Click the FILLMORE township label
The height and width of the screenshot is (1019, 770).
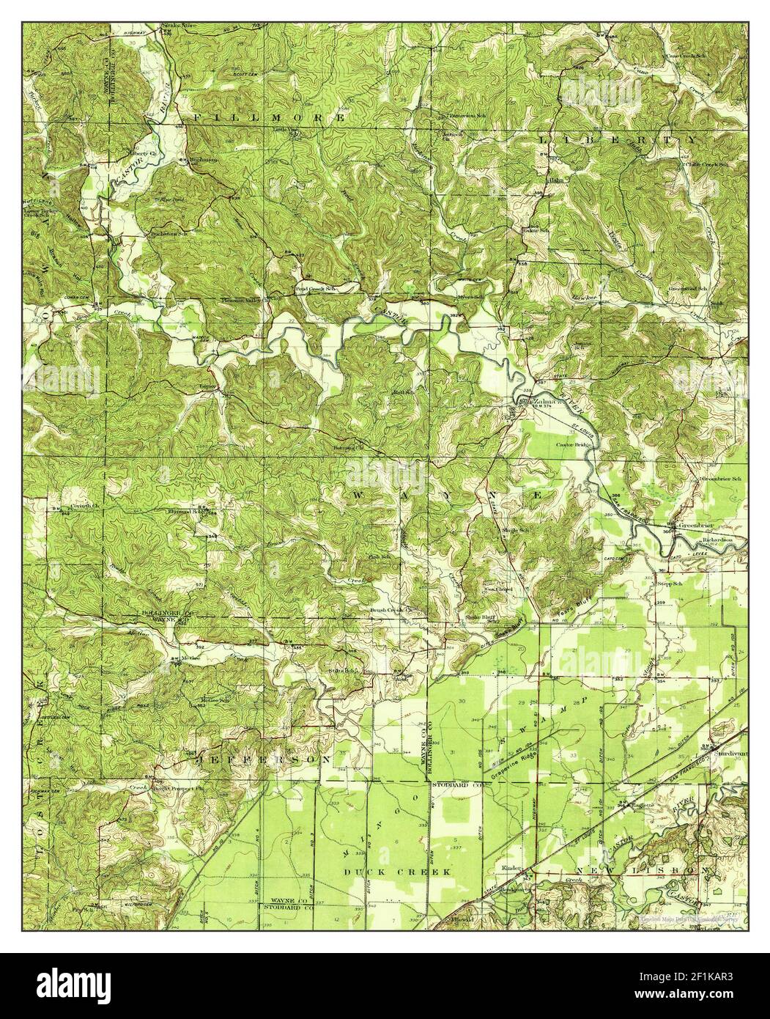[269, 117]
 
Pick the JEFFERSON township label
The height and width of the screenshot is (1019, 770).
[259, 759]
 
